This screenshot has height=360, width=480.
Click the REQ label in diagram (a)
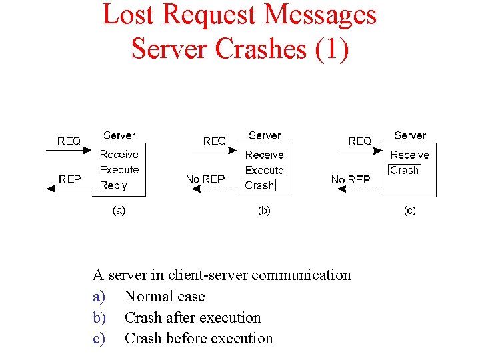(x=69, y=141)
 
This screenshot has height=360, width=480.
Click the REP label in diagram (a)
(x=69, y=179)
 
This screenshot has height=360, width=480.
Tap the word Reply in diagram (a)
(x=113, y=185)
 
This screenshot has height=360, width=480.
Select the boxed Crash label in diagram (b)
(x=259, y=185)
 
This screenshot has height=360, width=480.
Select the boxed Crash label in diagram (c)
(x=405, y=170)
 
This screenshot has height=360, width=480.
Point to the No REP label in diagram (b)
(x=205, y=179)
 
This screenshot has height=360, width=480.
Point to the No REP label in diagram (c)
(x=351, y=179)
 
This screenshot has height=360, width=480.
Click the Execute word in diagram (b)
(x=265, y=170)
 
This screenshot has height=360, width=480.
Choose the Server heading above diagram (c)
(x=410, y=135)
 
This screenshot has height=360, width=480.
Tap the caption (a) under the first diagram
(x=118, y=211)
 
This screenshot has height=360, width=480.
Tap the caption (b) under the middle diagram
(x=264, y=211)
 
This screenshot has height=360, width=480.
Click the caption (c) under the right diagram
(x=409, y=211)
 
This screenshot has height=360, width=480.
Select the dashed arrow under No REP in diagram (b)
(x=214, y=189)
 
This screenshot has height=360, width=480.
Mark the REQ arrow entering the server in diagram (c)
(x=361, y=151)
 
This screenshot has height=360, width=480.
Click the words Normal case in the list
(x=165, y=296)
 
